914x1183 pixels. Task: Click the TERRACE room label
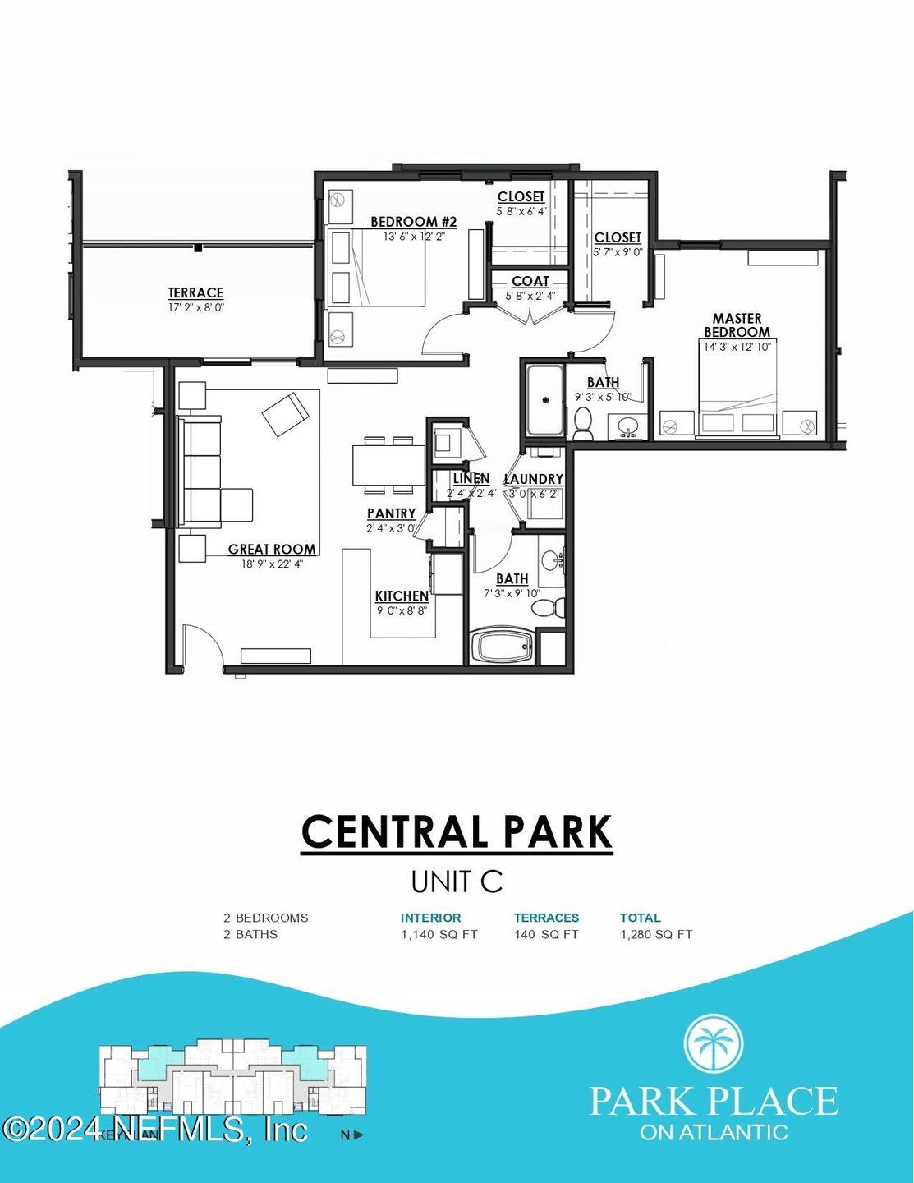[x=195, y=292]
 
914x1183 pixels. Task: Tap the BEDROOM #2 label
[x=413, y=222]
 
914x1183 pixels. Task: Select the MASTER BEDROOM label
[x=737, y=325]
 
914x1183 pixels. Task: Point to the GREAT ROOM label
[x=272, y=550]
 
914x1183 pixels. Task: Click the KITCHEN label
[x=402, y=596]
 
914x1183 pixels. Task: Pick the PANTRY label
[x=391, y=513]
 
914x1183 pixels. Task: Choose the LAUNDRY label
[x=533, y=479]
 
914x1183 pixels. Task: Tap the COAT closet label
[x=530, y=281]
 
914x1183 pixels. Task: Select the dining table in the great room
[x=388, y=465]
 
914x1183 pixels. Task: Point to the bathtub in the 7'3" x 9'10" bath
[x=503, y=647]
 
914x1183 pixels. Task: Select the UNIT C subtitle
[x=457, y=881]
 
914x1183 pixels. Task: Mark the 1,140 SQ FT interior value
[x=439, y=934]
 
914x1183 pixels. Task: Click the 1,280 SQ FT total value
[x=655, y=934]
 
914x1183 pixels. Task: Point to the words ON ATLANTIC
[x=714, y=1132]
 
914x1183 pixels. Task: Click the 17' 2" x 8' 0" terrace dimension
[x=195, y=307]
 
